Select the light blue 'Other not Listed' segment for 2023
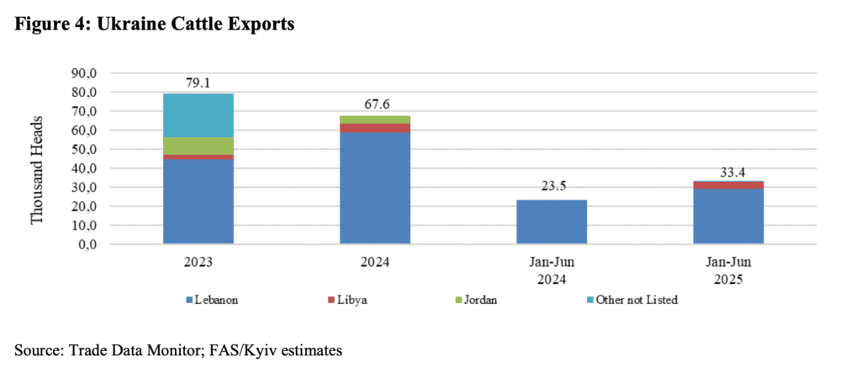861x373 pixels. (198, 115)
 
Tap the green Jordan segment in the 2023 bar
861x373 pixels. (198, 146)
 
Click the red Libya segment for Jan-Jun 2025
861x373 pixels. (728, 184)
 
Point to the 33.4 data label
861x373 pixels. (728, 171)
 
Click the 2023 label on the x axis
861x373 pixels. (198, 261)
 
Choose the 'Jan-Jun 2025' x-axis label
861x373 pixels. (728, 269)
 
